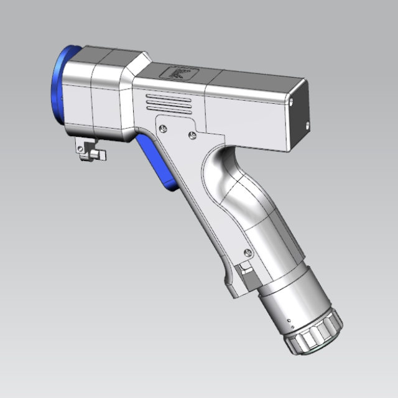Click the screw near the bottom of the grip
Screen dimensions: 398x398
click(x=249, y=252)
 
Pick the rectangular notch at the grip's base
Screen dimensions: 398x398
click(x=244, y=271)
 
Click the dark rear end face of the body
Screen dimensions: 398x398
click(x=300, y=115)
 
